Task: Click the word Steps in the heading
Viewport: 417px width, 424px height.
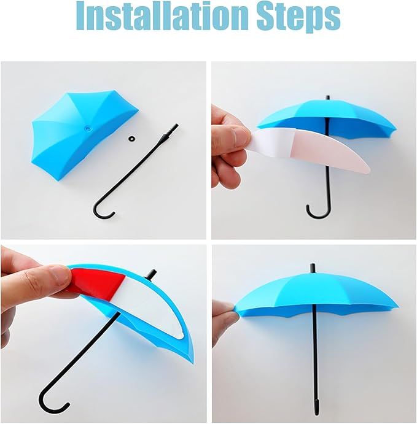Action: click(x=298, y=18)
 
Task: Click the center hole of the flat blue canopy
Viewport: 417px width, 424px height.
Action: click(x=87, y=128)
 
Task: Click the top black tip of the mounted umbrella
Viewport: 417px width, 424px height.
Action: click(x=313, y=268)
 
